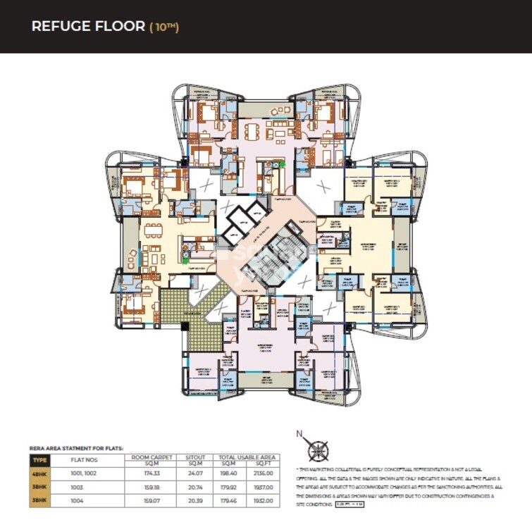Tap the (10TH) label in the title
click(x=163, y=27)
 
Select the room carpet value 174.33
click(x=148, y=474)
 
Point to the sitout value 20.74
click(x=190, y=486)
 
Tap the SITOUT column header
click(x=190, y=457)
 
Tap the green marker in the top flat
click(x=282, y=164)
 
